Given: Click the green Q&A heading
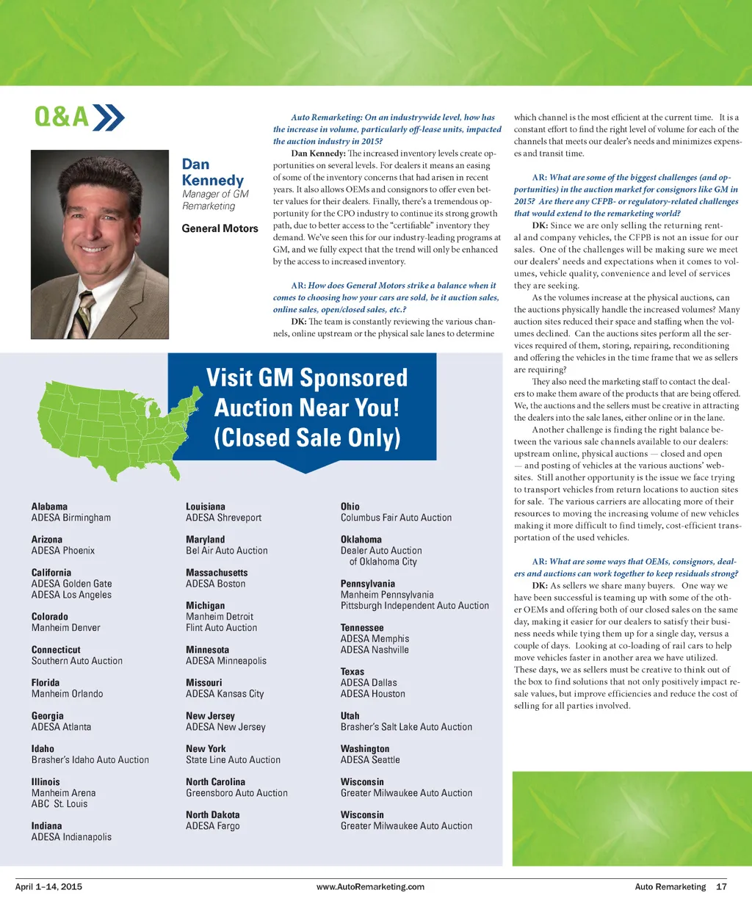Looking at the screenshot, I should click(x=62, y=117).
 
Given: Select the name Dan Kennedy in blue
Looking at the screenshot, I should click(x=212, y=173).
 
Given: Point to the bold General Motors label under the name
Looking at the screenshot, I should click(x=220, y=228).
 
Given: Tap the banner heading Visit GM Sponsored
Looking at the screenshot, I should click(x=306, y=377).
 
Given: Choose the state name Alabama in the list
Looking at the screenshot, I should click(x=49, y=507).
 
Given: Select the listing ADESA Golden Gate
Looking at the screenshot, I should click(x=71, y=584).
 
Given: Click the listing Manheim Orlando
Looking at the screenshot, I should click(x=67, y=694).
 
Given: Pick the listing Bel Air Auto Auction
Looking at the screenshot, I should click(x=226, y=551).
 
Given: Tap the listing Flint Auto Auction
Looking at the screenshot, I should click(x=221, y=628).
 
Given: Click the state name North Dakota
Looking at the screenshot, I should click(x=212, y=815).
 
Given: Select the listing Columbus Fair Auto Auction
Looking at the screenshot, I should click(x=396, y=518).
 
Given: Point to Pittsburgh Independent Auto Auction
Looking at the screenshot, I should click(x=414, y=606).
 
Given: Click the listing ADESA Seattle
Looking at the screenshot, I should click(x=370, y=760).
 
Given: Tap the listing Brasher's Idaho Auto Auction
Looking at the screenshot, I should click(x=90, y=760).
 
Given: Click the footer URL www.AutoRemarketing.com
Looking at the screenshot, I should click(x=370, y=887).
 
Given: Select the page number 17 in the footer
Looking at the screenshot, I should click(x=721, y=887).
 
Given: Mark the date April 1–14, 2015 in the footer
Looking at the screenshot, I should click(x=48, y=887).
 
